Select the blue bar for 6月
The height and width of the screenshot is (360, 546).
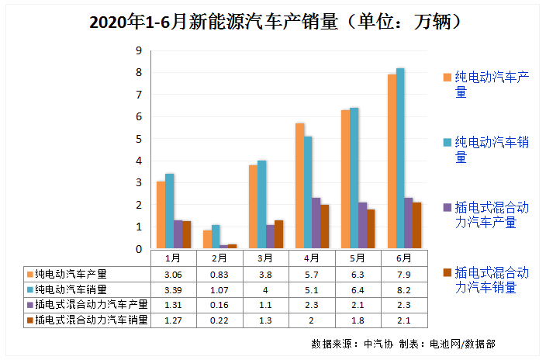coord(400,159)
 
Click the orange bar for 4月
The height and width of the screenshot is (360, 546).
coord(299,186)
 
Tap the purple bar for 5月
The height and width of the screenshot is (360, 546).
coord(362,226)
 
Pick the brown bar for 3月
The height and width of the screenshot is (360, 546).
coord(278,235)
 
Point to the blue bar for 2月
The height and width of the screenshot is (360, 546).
coord(216,237)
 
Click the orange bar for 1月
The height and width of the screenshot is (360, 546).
coord(161,215)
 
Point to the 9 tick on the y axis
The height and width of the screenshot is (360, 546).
coord(139,50)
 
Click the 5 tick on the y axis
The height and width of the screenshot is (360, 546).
coord(139,139)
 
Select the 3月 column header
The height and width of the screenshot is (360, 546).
coord(265,258)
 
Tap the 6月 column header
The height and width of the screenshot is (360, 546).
coord(404,258)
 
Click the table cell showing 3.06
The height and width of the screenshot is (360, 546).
coord(172,274)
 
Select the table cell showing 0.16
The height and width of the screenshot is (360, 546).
coord(219,304)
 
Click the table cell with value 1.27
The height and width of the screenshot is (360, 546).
coord(172,319)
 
